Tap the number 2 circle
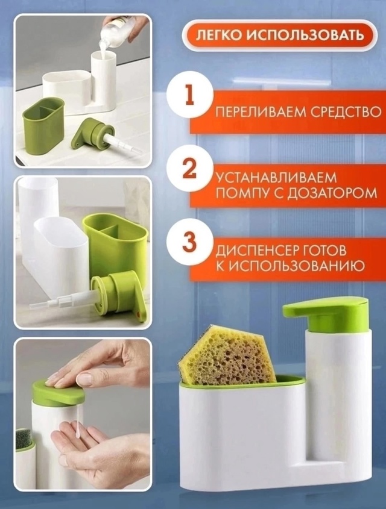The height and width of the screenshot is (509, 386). tap(189, 169)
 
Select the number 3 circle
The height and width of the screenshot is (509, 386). tap(189, 242)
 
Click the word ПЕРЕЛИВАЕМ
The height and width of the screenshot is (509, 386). tap(250, 112)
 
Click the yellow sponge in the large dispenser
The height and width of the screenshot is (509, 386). tap(226, 355)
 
